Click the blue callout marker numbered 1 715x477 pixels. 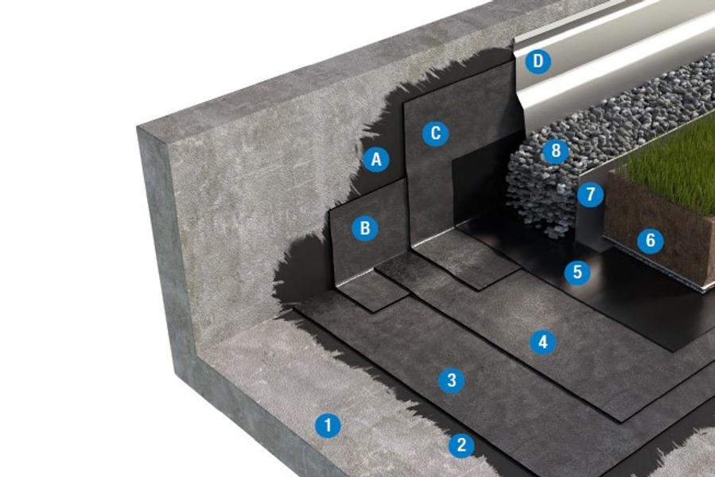[328, 425]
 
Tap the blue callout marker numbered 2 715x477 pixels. [461, 444]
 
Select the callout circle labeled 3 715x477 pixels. [452, 380]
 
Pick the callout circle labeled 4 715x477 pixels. [542, 342]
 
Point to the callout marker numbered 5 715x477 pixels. [577, 272]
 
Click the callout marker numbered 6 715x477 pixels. [651, 240]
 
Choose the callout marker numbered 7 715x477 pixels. [590, 194]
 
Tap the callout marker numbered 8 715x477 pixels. [555, 150]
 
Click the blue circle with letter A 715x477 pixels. [376, 160]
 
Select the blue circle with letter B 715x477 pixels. [365, 228]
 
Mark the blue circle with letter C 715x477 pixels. [436, 134]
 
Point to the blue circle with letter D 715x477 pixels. [538, 60]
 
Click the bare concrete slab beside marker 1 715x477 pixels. [297, 392]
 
